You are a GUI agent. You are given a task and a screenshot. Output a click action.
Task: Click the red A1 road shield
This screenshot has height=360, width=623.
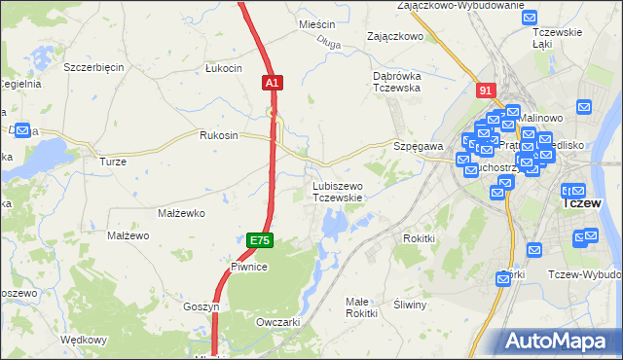click(272, 85)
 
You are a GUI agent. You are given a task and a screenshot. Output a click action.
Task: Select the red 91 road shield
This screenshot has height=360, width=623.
click(487, 90)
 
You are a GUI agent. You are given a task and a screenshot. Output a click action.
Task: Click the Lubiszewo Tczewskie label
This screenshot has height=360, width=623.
click(338, 192)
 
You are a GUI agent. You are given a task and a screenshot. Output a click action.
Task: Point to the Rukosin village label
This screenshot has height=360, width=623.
click(219, 135)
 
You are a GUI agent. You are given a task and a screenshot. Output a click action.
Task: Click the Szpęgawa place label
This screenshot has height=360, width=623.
click(419, 145)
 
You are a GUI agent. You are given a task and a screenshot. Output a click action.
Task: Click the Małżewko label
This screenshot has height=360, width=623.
click(179, 212)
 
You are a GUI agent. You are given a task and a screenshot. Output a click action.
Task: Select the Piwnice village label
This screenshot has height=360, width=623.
click(249, 266)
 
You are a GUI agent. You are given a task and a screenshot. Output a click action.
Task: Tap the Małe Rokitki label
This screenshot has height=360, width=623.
click(361, 307)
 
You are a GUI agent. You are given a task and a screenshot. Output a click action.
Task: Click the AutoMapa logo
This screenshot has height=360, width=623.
click(559, 341)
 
